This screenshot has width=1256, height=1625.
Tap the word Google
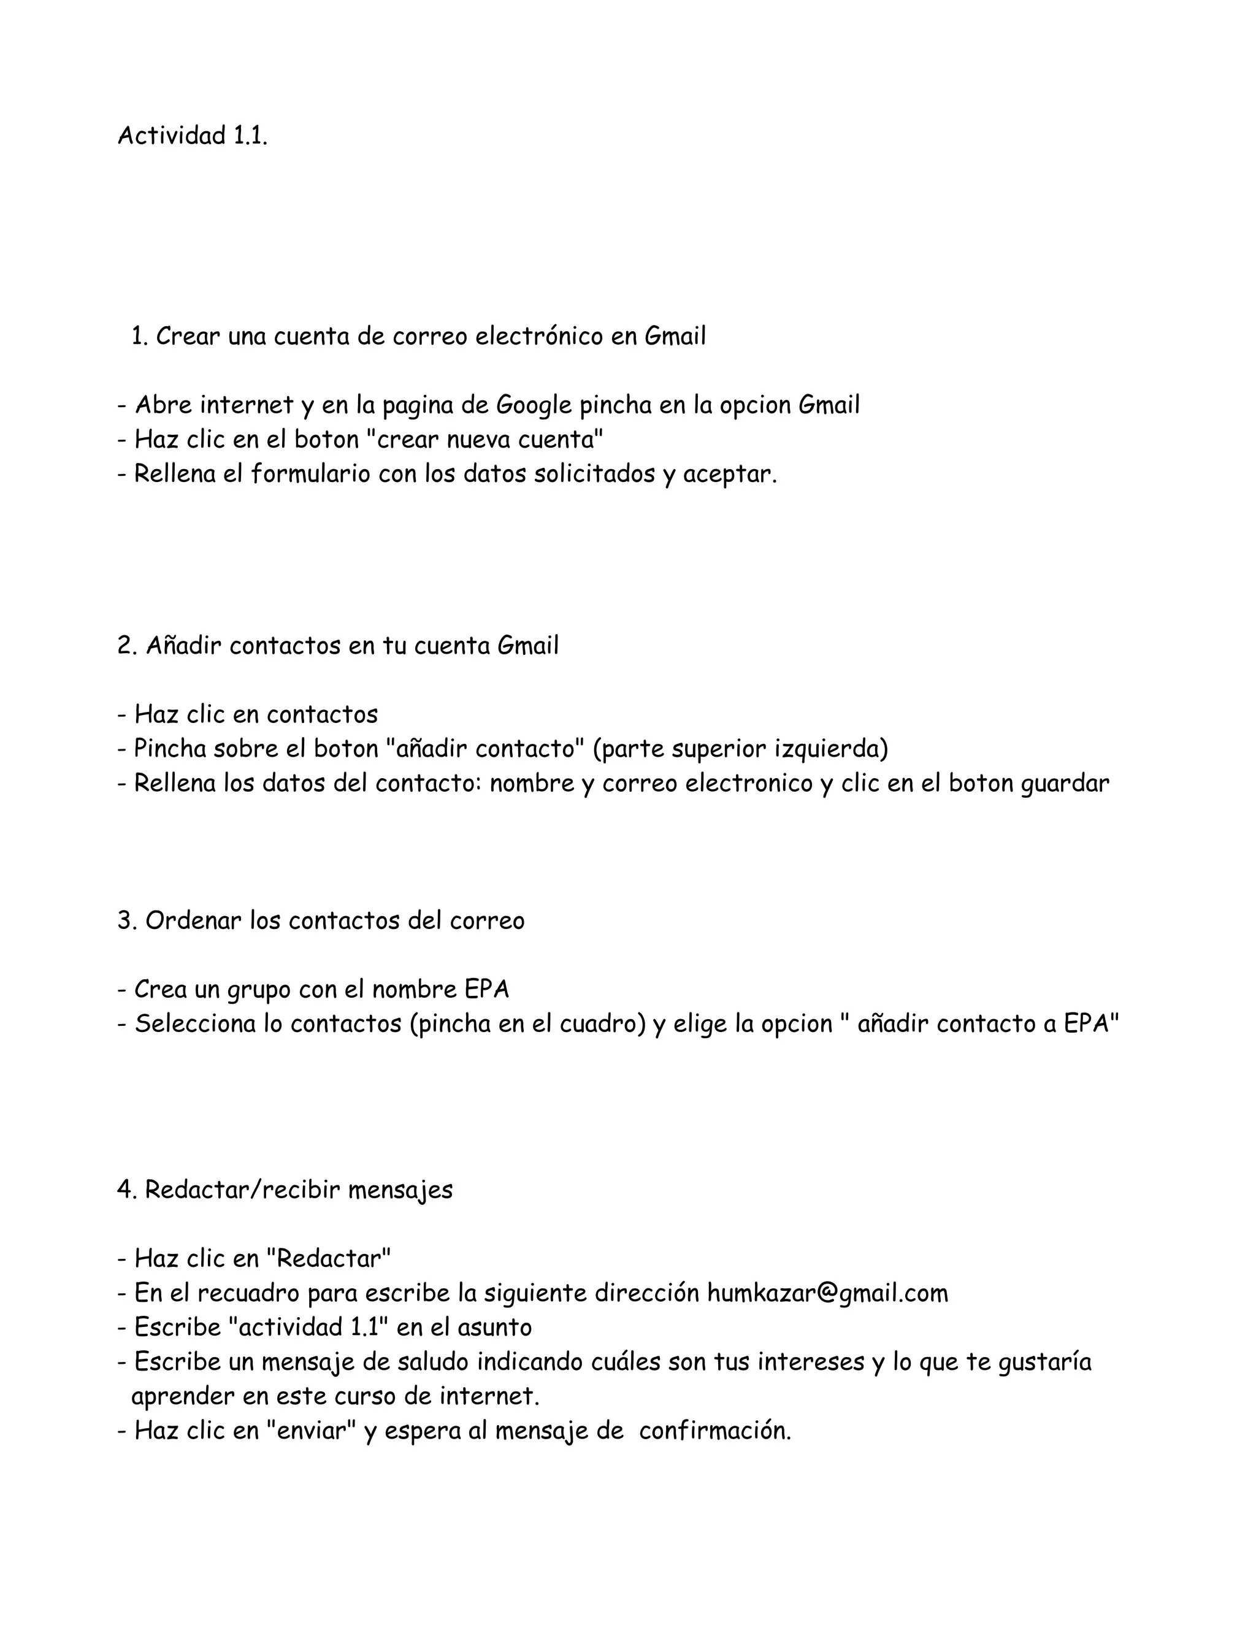[x=534, y=405]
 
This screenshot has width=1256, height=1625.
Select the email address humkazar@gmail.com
[x=827, y=1294]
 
